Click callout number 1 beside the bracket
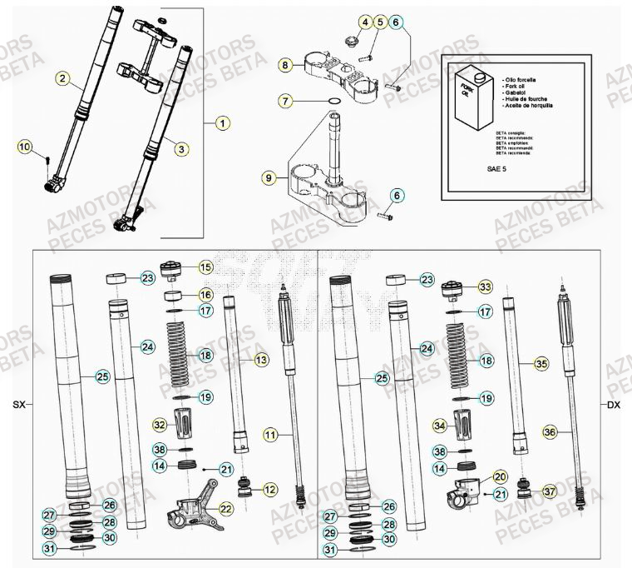pos(222,123)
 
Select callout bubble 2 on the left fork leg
pos(62,79)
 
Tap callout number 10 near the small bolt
pos(25,147)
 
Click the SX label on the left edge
pos(19,405)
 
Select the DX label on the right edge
pos(613,405)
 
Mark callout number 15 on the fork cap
pos(205,267)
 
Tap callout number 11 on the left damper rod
pos(270,434)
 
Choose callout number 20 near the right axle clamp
pos(500,476)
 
